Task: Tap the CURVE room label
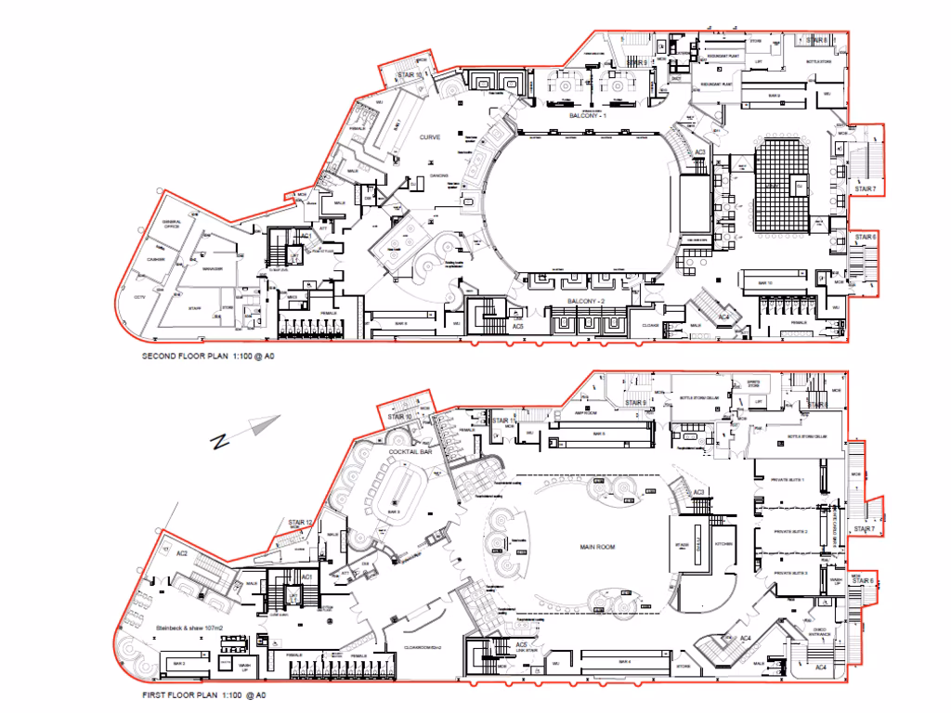tap(429, 137)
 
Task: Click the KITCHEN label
tap(723, 544)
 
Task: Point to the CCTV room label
tap(141, 296)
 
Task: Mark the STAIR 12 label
tap(300, 523)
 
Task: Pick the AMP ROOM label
tap(585, 411)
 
